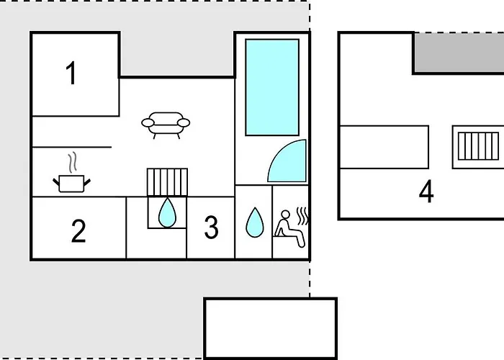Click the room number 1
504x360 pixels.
71,73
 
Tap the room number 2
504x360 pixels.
78,230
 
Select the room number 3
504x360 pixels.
211,228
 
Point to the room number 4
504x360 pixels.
426,192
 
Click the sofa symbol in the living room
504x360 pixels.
166,125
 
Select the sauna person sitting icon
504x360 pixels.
289,228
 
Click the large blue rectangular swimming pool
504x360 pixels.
272,87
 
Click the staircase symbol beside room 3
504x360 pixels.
167,182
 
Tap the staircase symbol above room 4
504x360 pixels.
478,146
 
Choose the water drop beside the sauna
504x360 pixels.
255,222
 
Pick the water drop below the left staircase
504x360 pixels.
167,213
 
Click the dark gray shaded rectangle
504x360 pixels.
459,53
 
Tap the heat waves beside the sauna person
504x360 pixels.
302,216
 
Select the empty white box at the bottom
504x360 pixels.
270,328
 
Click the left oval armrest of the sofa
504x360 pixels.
148,123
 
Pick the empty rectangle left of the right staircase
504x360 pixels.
384,147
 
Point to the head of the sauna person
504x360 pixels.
285,215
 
